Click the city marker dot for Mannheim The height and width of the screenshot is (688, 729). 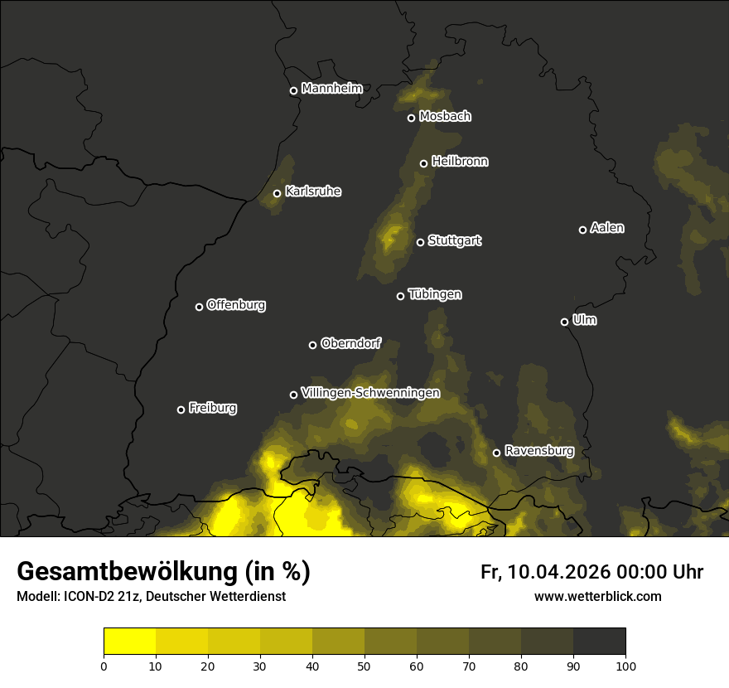[x=293, y=91]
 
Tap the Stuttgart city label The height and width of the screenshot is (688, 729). [x=454, y=241]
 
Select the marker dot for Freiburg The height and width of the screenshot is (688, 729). [x=181, y=409]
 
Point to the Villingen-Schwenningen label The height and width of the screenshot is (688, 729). [x=370, y=393]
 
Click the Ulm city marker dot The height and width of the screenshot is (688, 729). [x=564, y=322]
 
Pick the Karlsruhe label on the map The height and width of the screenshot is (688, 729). [x=312, y=192]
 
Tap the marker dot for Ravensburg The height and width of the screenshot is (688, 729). [x=496, y=453]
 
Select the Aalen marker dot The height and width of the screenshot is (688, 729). [x=582, y=230]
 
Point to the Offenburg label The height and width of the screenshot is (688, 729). [x=236, y=305]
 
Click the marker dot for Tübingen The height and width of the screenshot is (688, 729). [x=400, y=296]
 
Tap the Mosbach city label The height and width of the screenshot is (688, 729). [x=445, y=117]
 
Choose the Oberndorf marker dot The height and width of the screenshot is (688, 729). [x=312, y=345]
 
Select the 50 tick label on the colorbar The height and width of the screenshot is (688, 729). [x=364, y=665]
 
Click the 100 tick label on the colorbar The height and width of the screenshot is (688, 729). [x=625, y=665]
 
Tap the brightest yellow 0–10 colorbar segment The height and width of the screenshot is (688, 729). [x=129, y=642]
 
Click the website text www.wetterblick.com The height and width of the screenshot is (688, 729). [x=597, y=596]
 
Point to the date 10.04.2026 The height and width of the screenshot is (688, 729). [x=558, y=572]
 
